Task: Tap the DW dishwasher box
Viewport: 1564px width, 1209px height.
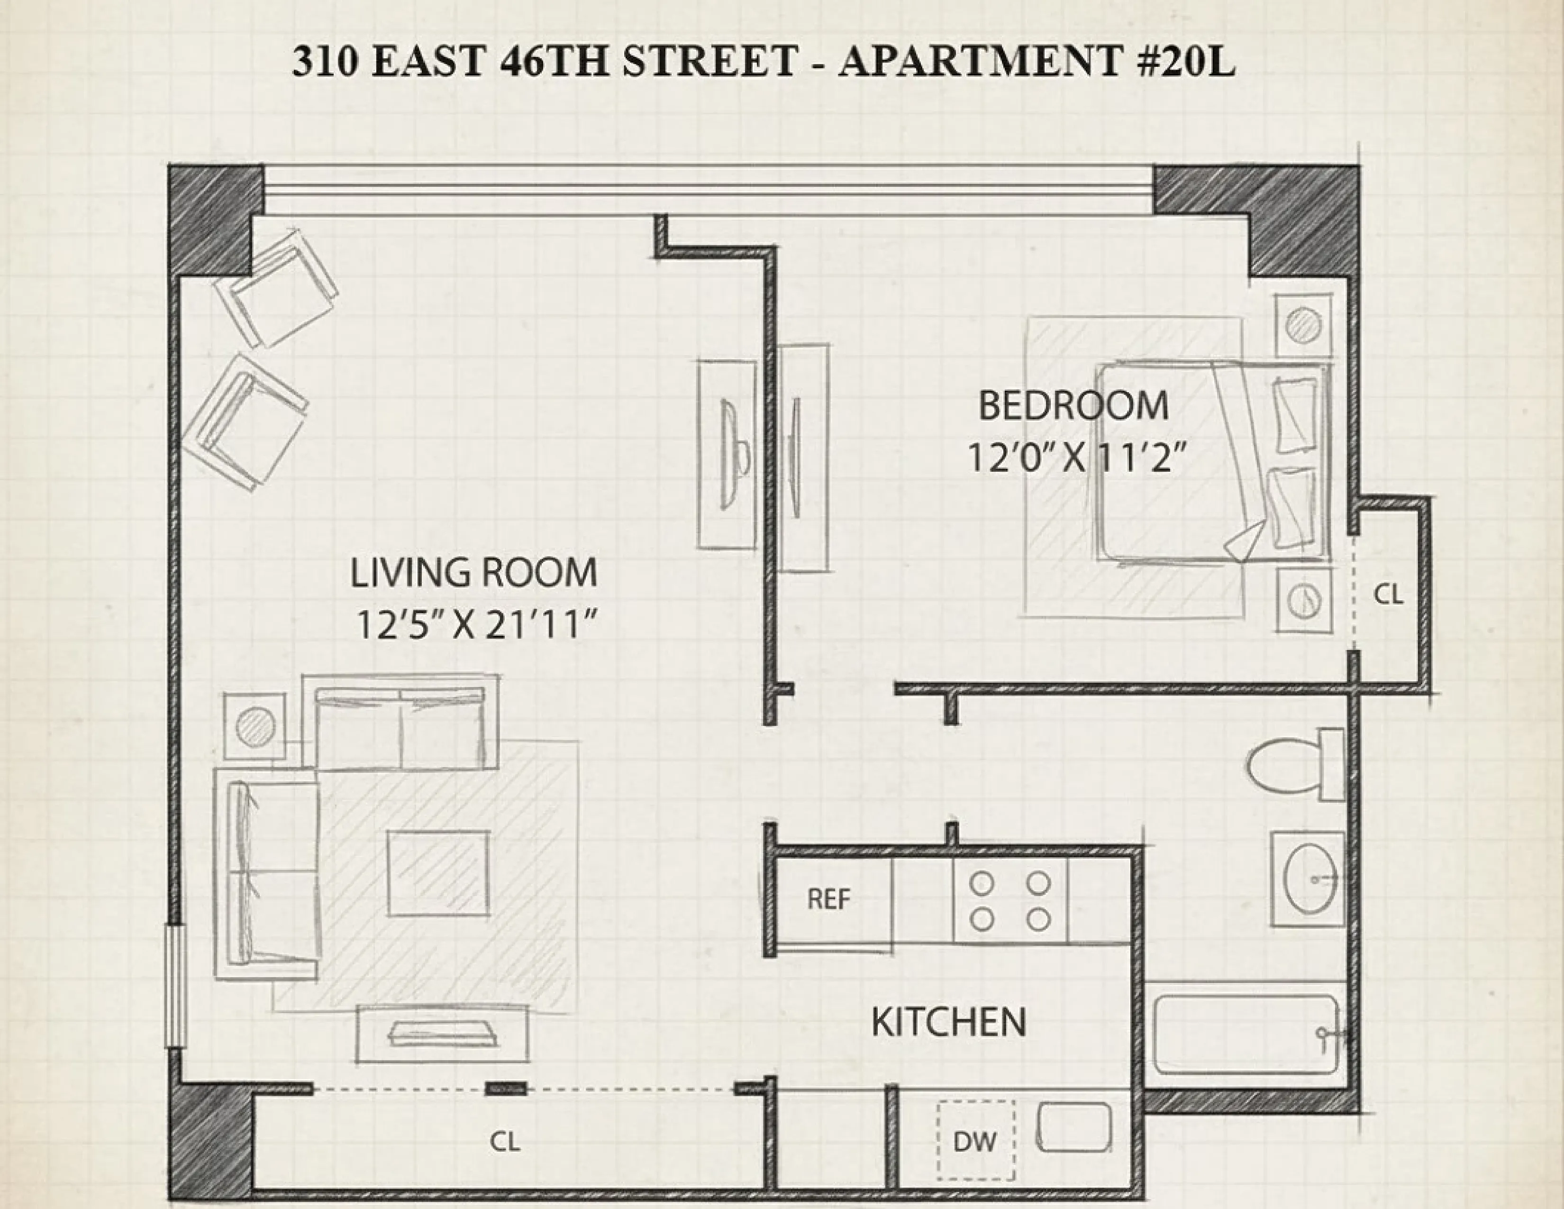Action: coord(975,1141)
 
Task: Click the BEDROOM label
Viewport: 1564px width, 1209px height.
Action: coord(1073,406)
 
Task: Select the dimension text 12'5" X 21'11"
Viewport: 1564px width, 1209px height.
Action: coord(476,625)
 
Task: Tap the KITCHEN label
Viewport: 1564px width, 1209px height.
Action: coord(948,1022)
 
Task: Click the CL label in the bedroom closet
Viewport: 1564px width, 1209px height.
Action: coord(1388,595)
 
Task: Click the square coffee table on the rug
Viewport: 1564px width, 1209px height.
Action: coord(439,873)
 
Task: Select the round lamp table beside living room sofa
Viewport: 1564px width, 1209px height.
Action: coord(255,727)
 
